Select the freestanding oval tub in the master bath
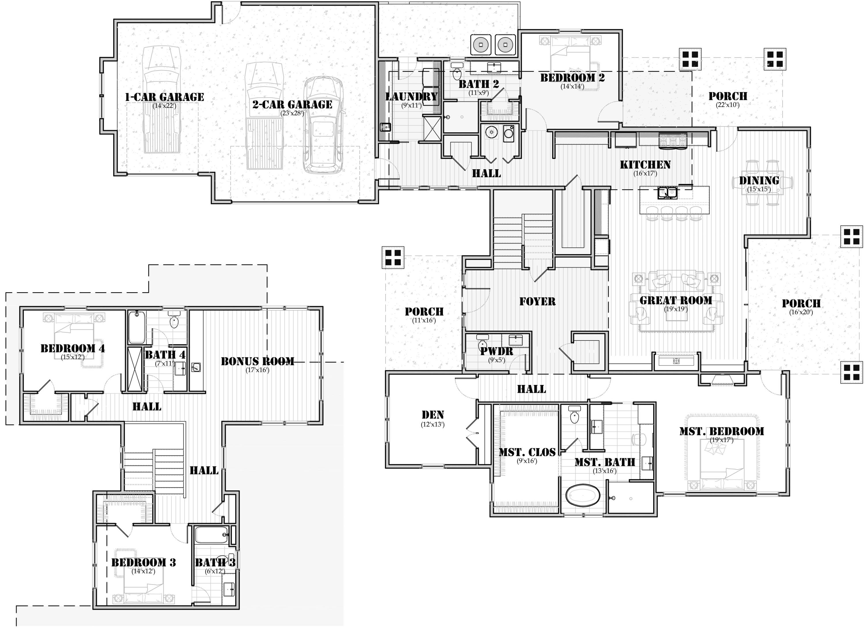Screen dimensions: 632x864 pyautogui.click(x=583, y=496)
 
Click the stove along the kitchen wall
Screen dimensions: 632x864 pyautogui.click(x=672, y=140)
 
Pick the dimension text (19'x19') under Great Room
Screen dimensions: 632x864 pyautogui.click(x=676, y=309)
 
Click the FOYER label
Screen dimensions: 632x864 pyautogui.click(x=537, y=301)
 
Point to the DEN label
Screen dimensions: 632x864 pyautogui.click(x=433, y=415)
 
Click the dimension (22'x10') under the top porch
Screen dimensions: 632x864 pyautogui.click(x=727, y=105)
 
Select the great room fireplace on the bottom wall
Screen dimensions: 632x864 pyautogui.click(x=676, y=361)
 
